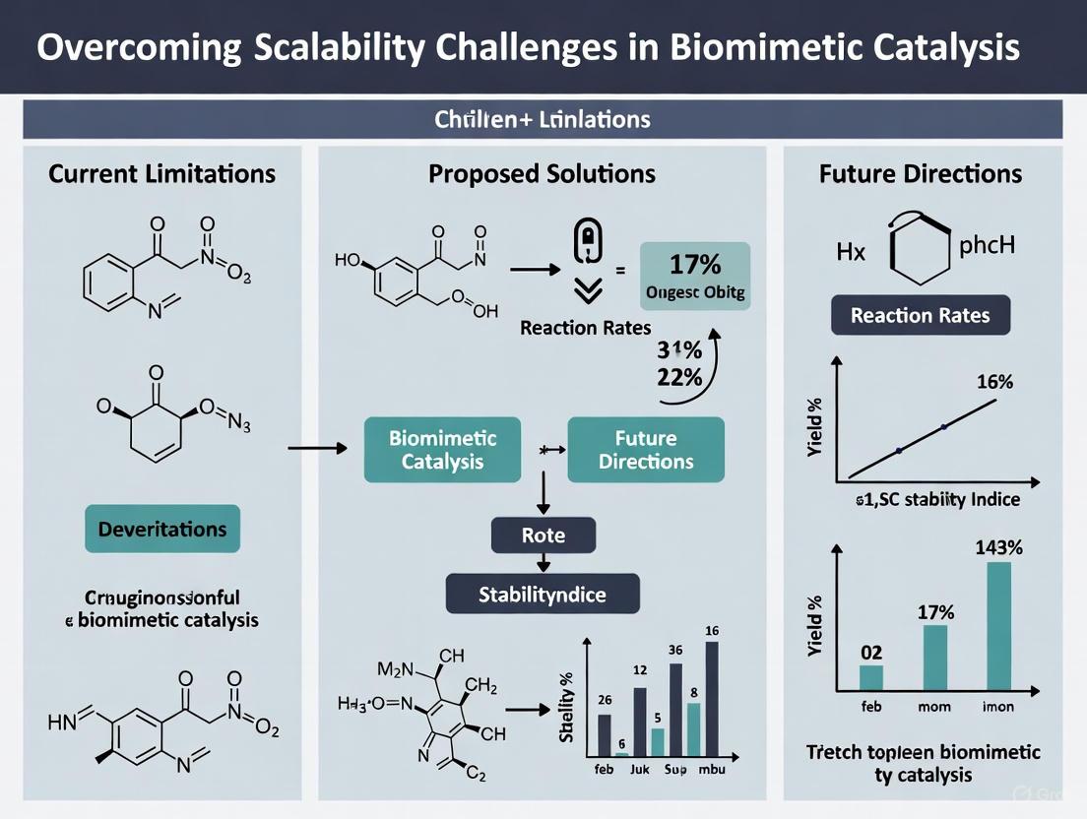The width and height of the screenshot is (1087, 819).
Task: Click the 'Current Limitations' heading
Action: click(x=162, y=174)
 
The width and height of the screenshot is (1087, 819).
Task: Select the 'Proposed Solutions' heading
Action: click(x=542, y=174)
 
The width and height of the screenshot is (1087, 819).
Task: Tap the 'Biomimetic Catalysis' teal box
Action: click(x=443, y=449)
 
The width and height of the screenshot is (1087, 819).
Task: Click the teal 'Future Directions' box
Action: click(x=646, y=449)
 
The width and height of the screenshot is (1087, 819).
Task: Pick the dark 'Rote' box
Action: click(x=543, y=535)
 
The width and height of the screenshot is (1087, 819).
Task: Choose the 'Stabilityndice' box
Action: click(x=543, y=594)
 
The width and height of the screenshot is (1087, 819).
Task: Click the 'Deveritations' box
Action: click(x=162, y=529)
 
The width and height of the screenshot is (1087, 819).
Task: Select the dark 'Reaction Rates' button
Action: click(x=921, y=316)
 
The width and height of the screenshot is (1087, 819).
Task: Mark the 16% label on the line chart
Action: click(x=993, y=382)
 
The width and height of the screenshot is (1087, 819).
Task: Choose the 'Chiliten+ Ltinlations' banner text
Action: click(x=543, y=119)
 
